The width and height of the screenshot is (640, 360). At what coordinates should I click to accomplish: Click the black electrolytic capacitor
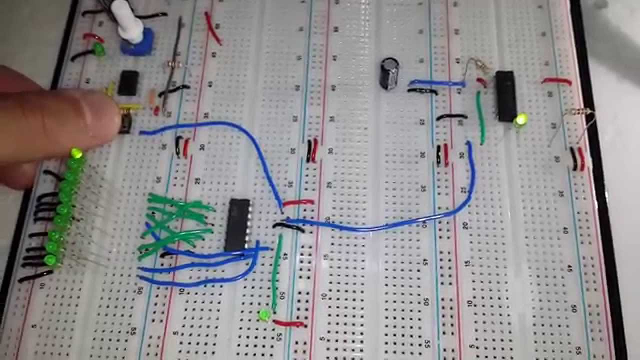(x=389, y=73)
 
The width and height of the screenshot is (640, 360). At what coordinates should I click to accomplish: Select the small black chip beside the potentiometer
(x=128, y=82)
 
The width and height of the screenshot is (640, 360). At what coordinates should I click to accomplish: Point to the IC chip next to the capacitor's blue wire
(x=506, y=95)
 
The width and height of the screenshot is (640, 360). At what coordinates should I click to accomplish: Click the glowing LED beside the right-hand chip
(x=521, y=120)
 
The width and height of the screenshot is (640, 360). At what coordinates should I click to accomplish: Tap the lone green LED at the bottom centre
(x=265, y=315)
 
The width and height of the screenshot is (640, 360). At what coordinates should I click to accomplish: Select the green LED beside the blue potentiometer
(x=98, y=49)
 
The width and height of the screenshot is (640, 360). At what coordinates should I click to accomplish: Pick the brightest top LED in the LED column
(x=76, y=153)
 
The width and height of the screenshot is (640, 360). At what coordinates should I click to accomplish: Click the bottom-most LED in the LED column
(x=50, y=260)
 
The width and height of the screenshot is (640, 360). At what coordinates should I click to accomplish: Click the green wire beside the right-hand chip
(x=481, y=118)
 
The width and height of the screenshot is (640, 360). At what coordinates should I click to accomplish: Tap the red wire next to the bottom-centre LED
(x=289, y=323)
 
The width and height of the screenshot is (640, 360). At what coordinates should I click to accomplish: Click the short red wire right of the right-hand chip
(x=556, y=80)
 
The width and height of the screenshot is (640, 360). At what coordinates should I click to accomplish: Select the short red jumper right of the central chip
(x=298, y=203)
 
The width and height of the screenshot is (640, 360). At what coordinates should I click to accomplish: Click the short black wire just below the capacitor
(x=423, y=91)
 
